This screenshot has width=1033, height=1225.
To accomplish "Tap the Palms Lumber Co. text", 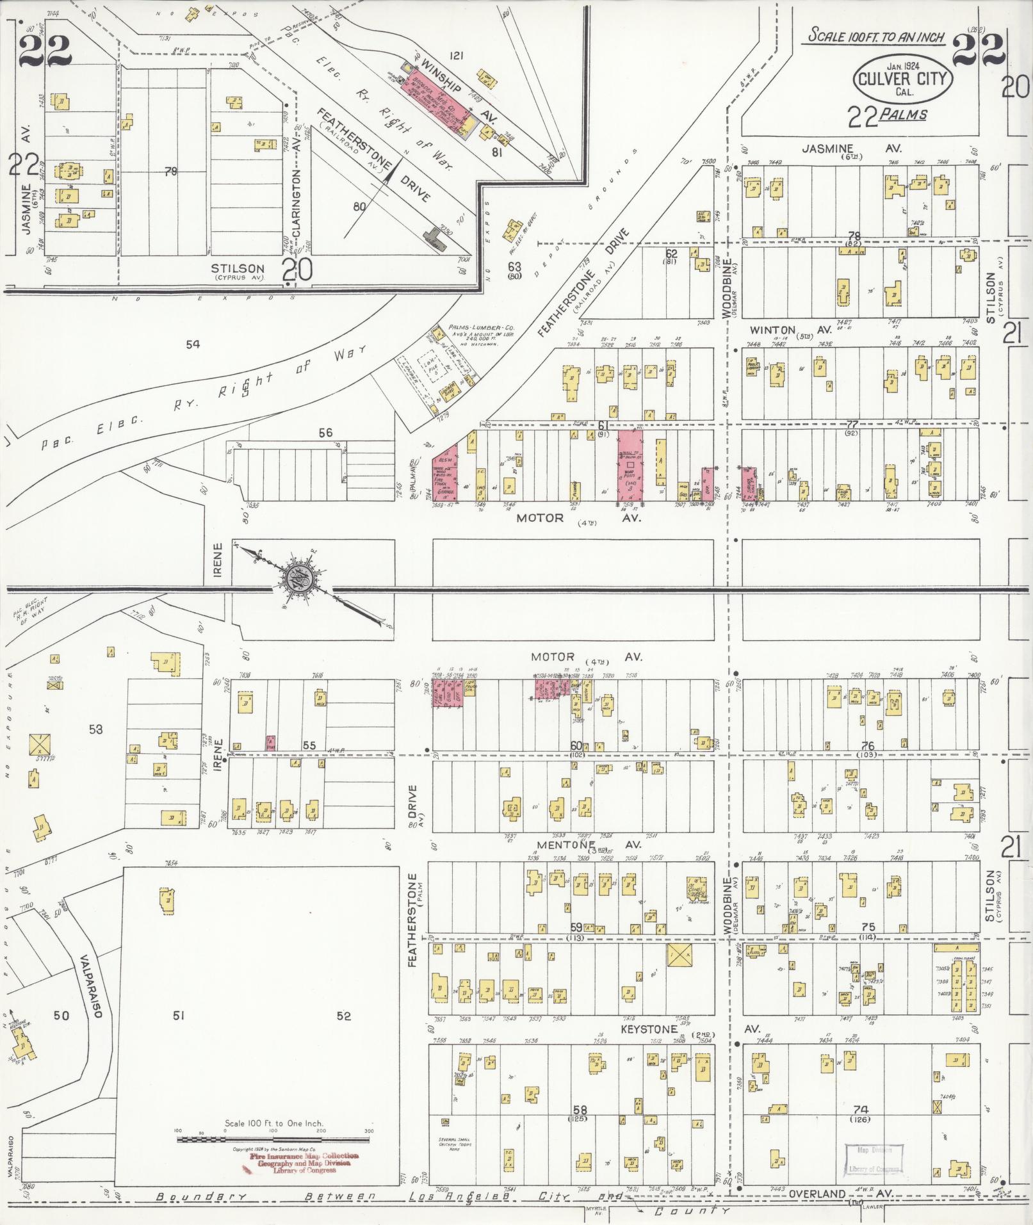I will point(478,327).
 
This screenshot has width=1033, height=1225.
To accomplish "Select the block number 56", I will point(325,433).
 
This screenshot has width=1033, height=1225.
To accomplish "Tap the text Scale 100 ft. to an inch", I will point(875,37).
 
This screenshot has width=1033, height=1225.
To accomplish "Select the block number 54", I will point(193,345).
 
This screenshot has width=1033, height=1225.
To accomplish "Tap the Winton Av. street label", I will point(791,330).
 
